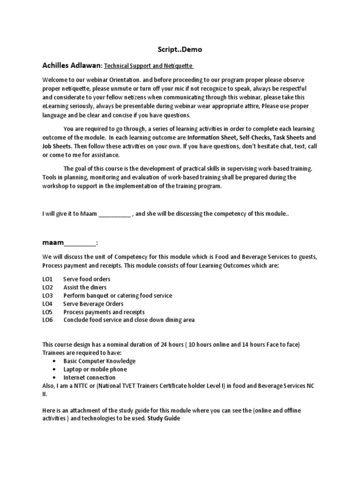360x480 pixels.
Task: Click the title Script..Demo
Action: [180, 49]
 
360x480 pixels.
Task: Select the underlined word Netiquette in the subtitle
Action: [178, 66]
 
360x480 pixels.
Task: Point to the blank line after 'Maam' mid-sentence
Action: [114, 214]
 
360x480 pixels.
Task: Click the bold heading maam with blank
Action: [70, 243]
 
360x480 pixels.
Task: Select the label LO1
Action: [47, 279]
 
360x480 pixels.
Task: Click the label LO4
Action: [48, 304]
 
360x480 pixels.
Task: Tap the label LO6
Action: [48, 320]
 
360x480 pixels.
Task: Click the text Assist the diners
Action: [85, 287]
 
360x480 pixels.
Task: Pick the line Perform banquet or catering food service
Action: [118, 295]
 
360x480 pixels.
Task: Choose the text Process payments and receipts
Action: [104, 312]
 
